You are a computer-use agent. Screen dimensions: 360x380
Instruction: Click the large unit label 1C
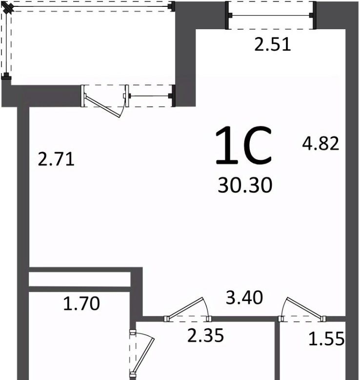[243, 145]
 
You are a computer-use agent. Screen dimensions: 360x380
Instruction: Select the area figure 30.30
[245, 186]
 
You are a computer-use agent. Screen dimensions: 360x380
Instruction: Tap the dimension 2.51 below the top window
[272, 45]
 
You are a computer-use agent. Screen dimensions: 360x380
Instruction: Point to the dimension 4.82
[320, 143]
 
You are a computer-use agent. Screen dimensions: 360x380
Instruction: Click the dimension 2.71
[56, 159]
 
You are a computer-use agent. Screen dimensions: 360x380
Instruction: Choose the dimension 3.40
[244, 297]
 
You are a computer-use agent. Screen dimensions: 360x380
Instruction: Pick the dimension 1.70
[81, 304]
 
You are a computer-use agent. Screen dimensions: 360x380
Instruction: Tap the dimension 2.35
[205, 336]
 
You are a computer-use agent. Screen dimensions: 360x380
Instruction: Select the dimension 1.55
[326, 338]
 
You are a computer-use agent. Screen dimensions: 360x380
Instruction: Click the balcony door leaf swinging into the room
[102, 107]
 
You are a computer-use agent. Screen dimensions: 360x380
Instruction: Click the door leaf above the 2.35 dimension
[185, 308]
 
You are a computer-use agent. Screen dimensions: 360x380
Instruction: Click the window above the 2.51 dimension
[271, 16]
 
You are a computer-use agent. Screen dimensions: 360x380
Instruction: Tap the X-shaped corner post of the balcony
[8, 9]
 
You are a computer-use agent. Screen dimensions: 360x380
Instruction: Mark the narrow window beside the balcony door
[150, 96]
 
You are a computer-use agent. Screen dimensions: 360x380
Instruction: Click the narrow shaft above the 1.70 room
[80, 279]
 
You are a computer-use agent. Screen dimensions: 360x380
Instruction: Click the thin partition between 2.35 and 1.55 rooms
[277, 351]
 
